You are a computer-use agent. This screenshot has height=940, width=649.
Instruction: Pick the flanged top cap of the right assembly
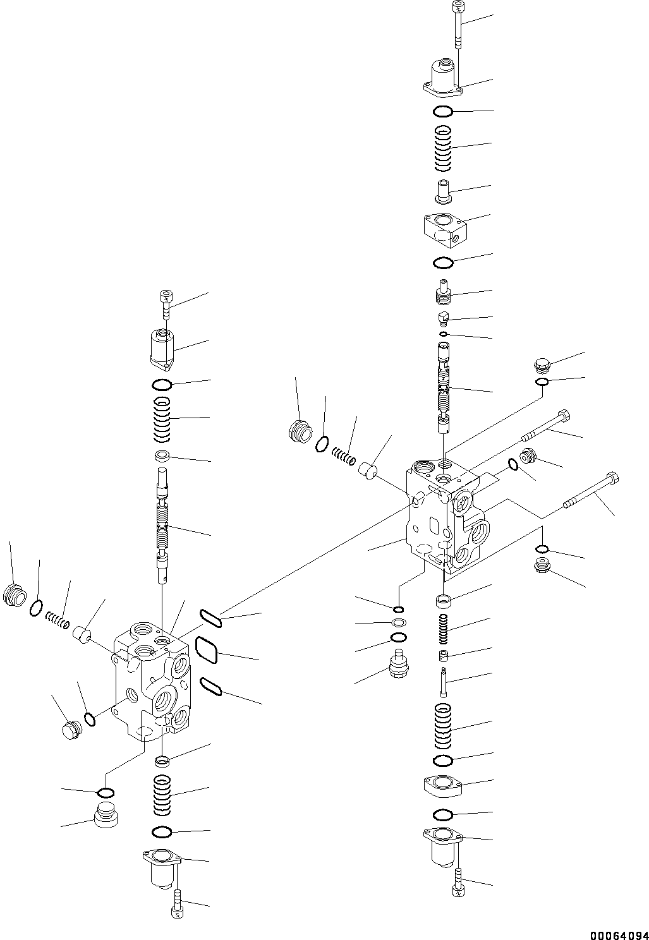(x=442, y=80)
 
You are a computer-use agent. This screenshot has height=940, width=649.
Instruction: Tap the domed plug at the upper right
(x=542, y=364)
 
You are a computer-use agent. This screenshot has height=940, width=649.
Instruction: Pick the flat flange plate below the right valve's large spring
(x=442, y=785)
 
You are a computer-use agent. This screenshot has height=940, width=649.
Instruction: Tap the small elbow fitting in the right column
(x=444, y=316)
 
